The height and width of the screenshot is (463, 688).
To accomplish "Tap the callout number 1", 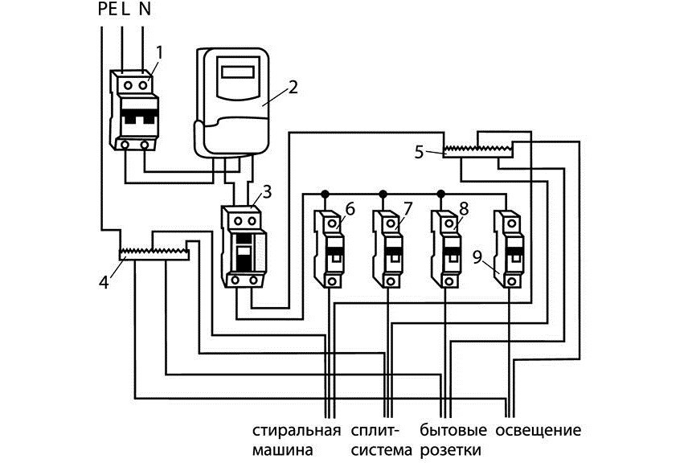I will (159, 52).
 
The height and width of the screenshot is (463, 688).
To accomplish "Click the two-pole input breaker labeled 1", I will (135, 113).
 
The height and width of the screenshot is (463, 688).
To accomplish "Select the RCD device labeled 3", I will (244, 247).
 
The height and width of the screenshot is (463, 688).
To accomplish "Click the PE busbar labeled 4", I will (154, 254).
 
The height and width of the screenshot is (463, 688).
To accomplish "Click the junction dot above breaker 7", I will (383, 194).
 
